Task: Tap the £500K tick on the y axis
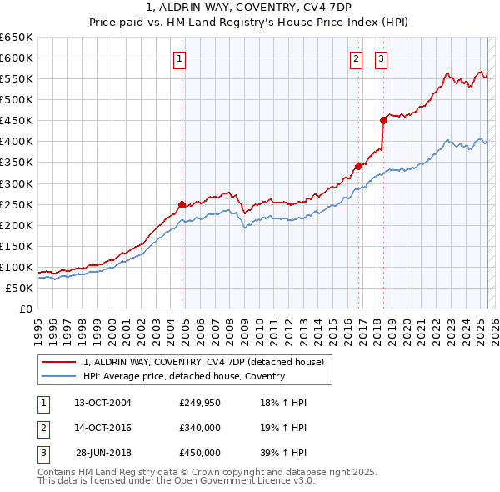coord(17,100)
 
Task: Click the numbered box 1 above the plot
coord(180,58)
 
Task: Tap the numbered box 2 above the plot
coord(356,58)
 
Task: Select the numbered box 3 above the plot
coord(381,58)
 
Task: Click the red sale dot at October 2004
coord(182,204)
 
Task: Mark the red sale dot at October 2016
coord(358,166)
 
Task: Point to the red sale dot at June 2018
coord(383,120)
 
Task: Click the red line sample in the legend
coord(58,362)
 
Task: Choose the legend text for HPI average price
coord(183,376)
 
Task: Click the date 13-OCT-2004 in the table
coord(103,403)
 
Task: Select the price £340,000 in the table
coord(200,428)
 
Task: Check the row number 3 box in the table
coord(42,453)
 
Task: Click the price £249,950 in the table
coord(200,403)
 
